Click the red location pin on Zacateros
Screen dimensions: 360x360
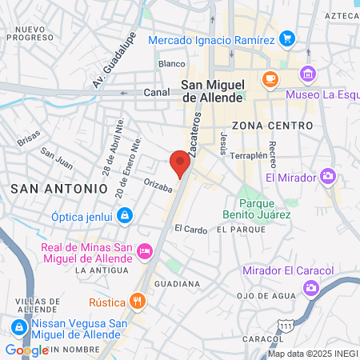(x=180, y=162)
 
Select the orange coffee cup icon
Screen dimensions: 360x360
(x=270, y=79)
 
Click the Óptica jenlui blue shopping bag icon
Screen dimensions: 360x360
(x=124, y=215)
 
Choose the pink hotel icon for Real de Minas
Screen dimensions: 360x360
(x=145, y=251)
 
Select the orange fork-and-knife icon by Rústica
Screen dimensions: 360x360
(x=138, y=302)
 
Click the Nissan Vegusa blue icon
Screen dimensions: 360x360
(x=18, y=328)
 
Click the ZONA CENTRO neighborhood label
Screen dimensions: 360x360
(x=270, y=126)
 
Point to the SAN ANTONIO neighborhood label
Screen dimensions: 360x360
(x=59, y=187)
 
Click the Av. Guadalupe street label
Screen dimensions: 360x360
(x=114, y=61)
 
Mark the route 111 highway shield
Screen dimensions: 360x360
(x=286, y=325)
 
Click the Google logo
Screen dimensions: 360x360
(x=26, y=350)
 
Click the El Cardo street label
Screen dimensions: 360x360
(x=190, y=228)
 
